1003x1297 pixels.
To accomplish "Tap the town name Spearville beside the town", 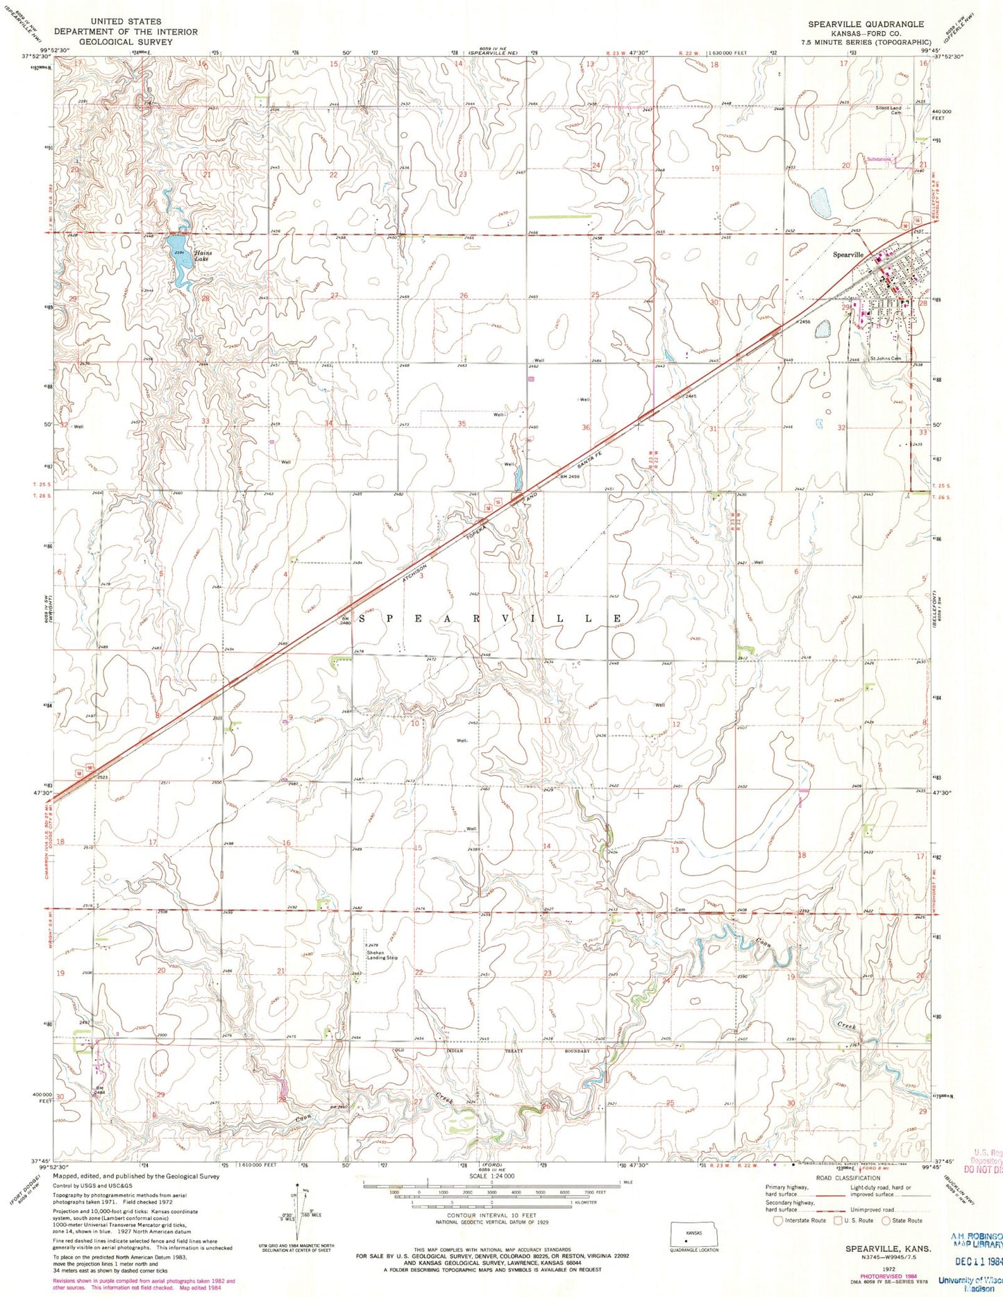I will pos(848,255).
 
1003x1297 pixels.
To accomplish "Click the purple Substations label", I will pos(878,160).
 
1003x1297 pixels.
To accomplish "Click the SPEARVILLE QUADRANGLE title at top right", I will pos(866,24).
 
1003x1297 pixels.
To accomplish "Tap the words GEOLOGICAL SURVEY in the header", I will pos(106,42).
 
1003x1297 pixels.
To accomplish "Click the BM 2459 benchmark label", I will pos(569,476).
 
